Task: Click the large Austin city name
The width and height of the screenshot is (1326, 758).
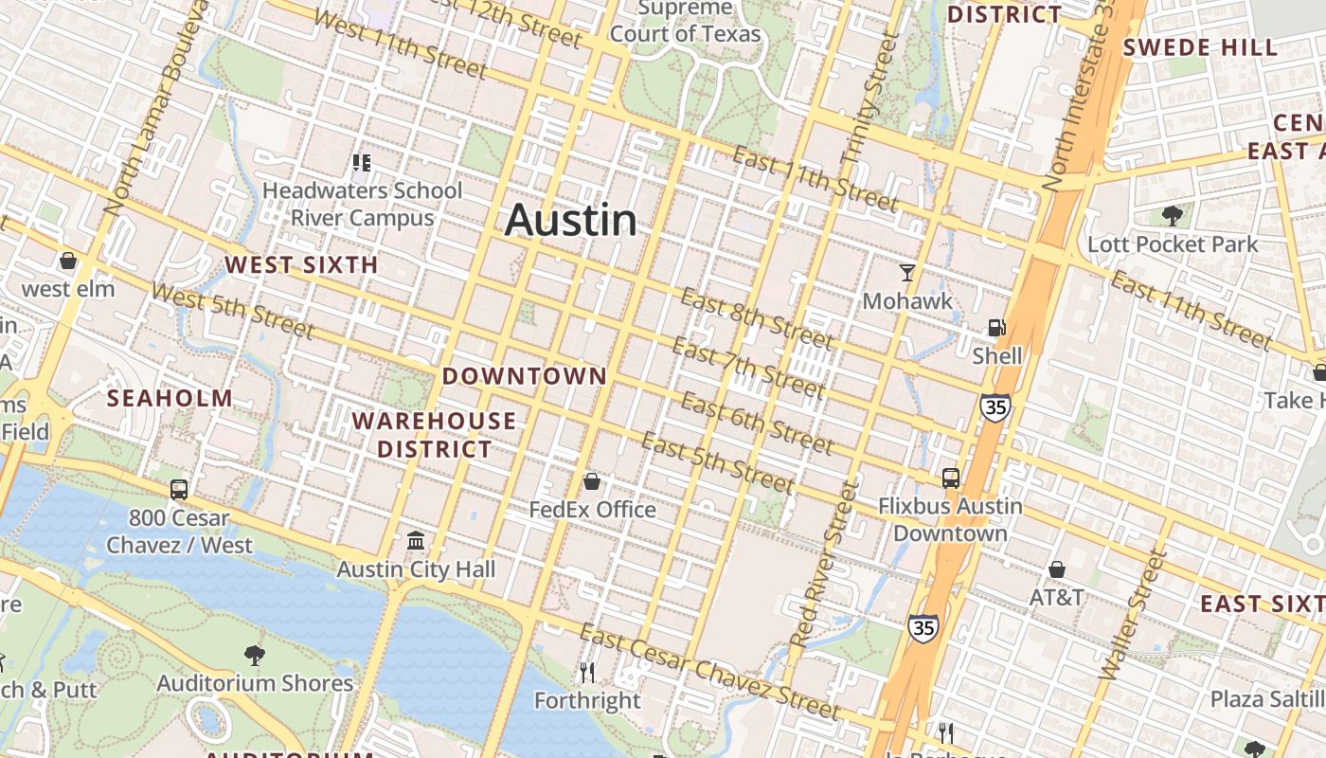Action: (x=570, y=220)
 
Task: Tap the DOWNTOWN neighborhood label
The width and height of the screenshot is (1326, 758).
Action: (x=524, y=376)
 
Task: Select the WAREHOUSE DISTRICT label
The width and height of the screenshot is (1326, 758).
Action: (x=435, y=435)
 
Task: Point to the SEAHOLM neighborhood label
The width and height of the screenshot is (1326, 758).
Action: (x=170, y=398)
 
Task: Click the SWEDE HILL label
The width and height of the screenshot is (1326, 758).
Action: (x=1199, y=47)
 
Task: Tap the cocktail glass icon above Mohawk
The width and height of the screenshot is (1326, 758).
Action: (x=907, y=273)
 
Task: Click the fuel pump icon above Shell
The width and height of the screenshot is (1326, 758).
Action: (x=996, y=328)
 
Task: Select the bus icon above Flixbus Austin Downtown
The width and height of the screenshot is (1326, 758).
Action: (x=950, y=478)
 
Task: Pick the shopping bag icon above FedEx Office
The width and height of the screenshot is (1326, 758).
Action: (x=592, y=482)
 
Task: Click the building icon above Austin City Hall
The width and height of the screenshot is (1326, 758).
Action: (x=415, y=541)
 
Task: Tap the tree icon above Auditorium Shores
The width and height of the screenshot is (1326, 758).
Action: (x=254, y=654)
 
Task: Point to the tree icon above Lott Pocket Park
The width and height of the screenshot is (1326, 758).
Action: (x=1172, y=215)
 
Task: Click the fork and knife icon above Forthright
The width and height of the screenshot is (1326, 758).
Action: (x=587, y=673)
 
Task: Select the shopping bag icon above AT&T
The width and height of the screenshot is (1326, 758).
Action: (x=1057, y=569)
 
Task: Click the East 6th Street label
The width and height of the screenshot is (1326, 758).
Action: (x=757, y=424)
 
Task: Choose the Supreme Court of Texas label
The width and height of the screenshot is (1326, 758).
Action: (x=685, y=22)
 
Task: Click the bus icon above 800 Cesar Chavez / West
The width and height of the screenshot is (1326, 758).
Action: (x=179, y=490)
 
